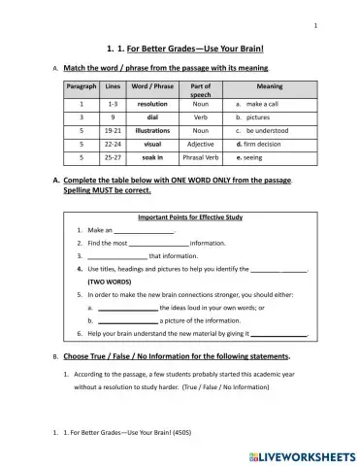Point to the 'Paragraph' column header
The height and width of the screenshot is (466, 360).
pos(82,86)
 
